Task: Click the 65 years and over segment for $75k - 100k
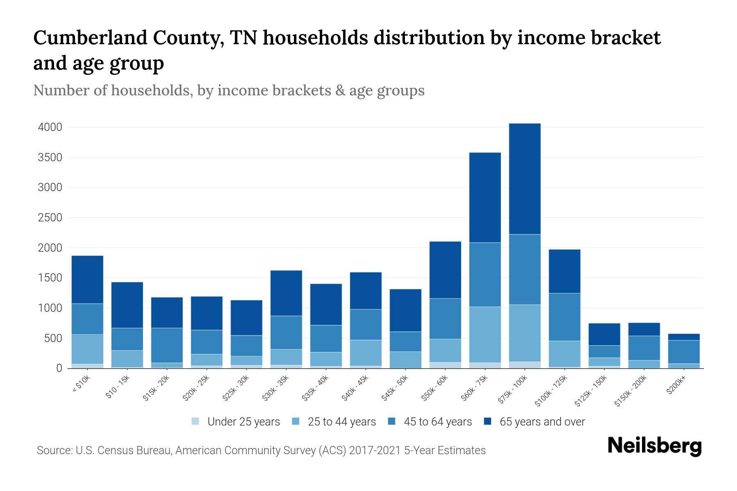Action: [x=524, y=179]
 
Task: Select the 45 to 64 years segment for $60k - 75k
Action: [x=485, y=275]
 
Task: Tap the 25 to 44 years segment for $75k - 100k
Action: [x=524, y=333]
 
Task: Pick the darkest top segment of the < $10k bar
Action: [x=87, y=279]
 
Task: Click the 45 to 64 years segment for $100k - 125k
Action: [x=564, y=317]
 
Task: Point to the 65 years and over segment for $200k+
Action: [x=684, y=337]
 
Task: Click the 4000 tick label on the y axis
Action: [x=50, y=127]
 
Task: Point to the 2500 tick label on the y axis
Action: [x=50, y=218]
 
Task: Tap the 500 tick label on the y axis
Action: [x=53, y=338]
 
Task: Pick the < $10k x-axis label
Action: [x=81, y=384]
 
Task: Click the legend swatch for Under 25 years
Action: [x=196, y=421]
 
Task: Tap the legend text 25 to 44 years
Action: [x=341, y=422]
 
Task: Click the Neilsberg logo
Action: [x=654, y=446]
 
